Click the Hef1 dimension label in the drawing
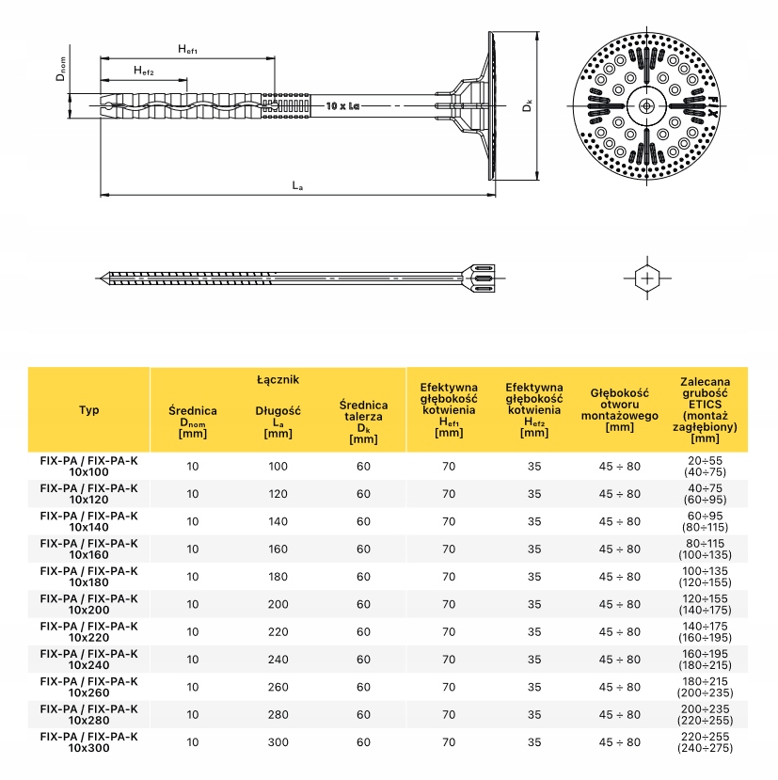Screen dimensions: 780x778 (x=187, y=48)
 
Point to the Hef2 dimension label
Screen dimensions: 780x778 (x=143, y=71)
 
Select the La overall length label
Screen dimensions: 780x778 (x=297, y=186)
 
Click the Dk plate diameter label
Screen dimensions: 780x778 (x=529, y=106)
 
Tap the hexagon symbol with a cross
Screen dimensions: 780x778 (x=648, y=278)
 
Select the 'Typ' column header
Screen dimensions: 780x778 (x=88, y=410)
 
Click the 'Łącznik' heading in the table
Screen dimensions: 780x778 (x=278, y=379)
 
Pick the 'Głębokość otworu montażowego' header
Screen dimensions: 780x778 (x=620, y=409)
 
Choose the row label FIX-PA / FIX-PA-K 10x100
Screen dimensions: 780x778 (x=88, y=466)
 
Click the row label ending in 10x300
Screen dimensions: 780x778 (x=88, y=742)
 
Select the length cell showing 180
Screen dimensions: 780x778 (x=278, y=577)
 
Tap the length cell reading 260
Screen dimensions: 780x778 (x=278, y=687)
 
